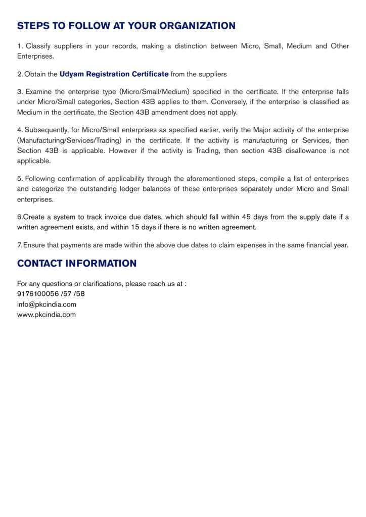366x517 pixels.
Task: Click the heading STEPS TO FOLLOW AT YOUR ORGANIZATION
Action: click(x=126, y=26)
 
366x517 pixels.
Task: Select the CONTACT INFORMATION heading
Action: click(x=77, y=264)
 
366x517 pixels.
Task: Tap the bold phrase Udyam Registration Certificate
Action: click(x=114, y=74)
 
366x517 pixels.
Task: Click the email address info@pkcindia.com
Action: click(x=47, y=304)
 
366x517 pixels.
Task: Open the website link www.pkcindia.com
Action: click(x=47, y=315)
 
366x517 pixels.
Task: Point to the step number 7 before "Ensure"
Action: click(x=19, y=245)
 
